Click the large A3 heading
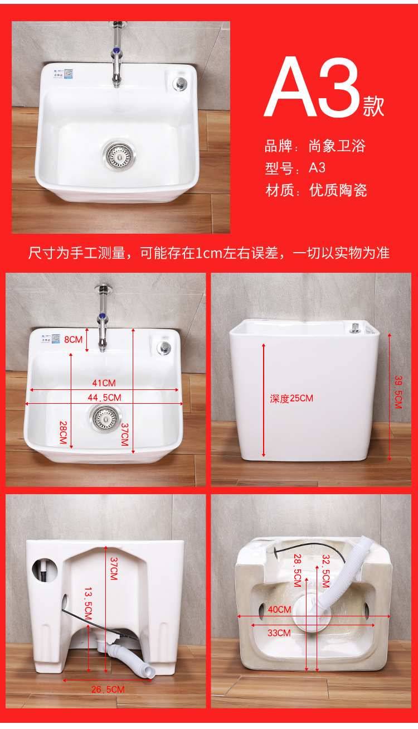click(313, 86)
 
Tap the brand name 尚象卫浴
click(337, 146)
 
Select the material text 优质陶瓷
click(338, 190)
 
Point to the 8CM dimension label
click(73, 340)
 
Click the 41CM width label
click(104, 383)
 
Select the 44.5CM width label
click(104, 397)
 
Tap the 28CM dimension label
click(63, 432)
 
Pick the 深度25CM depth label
click(291, 398)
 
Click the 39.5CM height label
click(398, 392)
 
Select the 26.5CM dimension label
click(108, 689)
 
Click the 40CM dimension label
click(279, 610)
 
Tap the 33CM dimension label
click(279, 633)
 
